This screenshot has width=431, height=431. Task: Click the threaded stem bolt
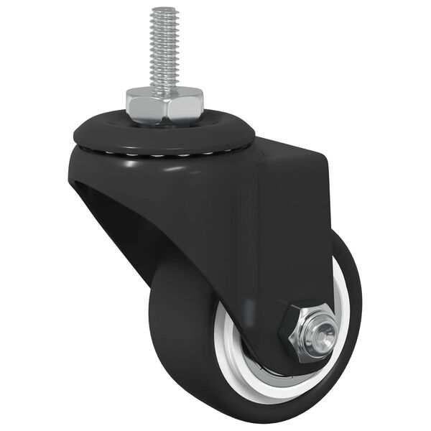point(164,50)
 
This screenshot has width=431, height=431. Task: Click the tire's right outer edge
point(357,302)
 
